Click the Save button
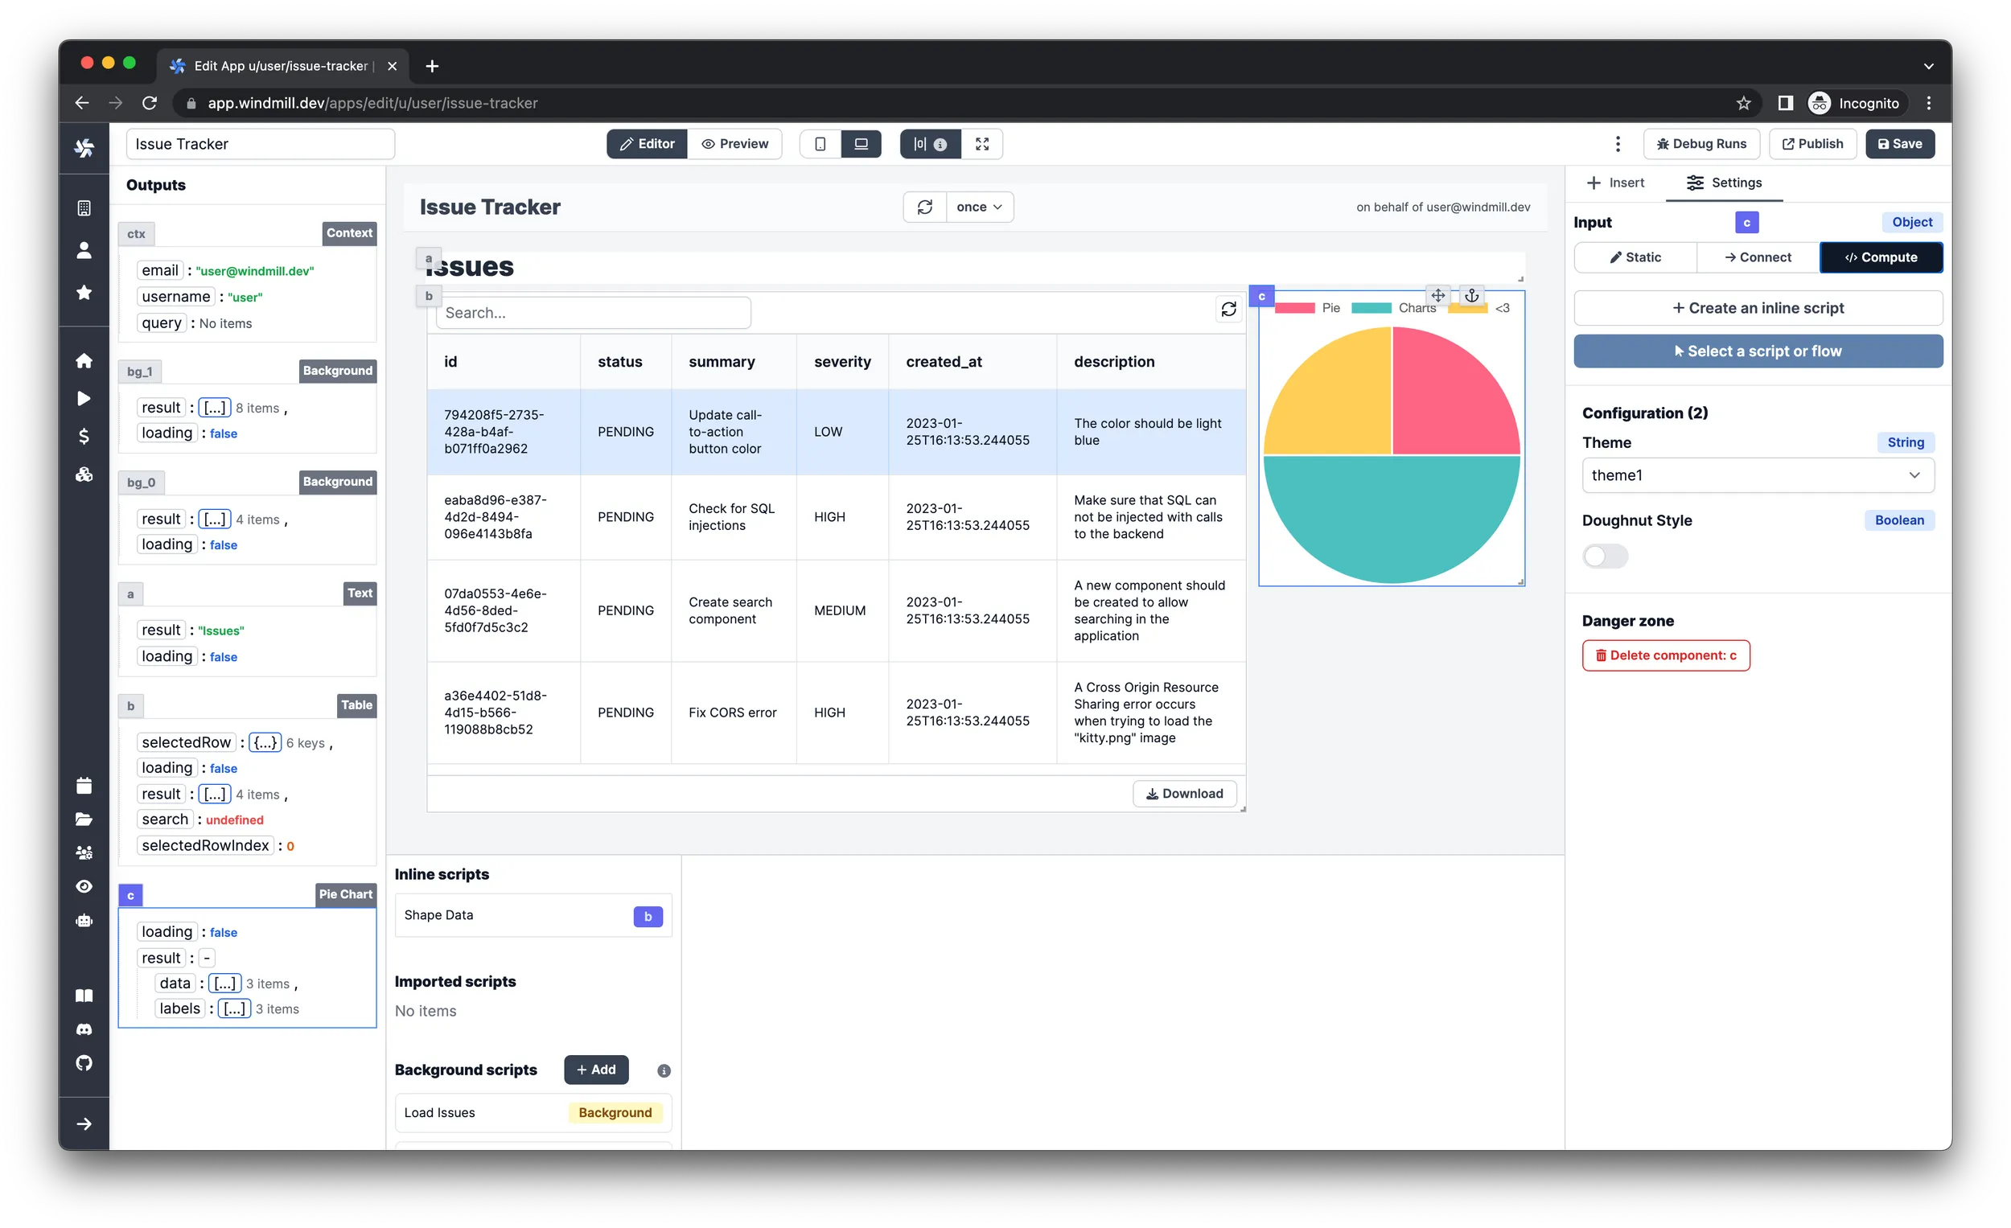click(x=1899, y=144)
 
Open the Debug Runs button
click(x=1701, y=144)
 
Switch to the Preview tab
click(x=734, y=144)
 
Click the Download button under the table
click(x=1184, y=793)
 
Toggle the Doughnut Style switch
click(x=1605, y=557)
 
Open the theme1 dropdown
click(x=1757, y=475)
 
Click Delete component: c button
click(x=1665, y=655)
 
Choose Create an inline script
click(x=1757, y=308)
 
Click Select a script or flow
click(x=1757, y=351)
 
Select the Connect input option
click(x=1757, y=257)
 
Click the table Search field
click(x=594, y=313)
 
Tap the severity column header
click(x=842, y=361)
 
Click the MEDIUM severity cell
click(x=840, y=610)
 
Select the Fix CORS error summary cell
click(x=732, y=713)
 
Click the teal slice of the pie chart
click(x=1392, y=522)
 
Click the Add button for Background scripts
click(x=596, y=1069)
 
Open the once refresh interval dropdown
click(x=980, y=207)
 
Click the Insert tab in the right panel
click(x=1615, y=183)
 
